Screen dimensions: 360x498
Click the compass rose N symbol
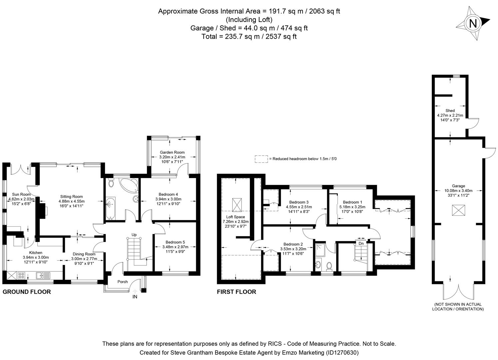473,23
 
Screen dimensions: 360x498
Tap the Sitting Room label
71,196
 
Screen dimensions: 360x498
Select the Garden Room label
172,152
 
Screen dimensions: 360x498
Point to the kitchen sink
43,275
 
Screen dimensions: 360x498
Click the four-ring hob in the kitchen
21,275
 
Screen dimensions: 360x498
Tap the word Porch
123,282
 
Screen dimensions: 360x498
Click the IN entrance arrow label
135,296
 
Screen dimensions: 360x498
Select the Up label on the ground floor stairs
134,235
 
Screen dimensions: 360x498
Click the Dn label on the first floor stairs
361,243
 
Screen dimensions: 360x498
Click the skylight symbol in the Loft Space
237,203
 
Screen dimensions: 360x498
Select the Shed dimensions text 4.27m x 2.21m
450,115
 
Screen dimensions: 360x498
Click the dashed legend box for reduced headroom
261,159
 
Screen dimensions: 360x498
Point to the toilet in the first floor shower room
329,266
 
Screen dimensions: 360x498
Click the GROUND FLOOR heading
27,292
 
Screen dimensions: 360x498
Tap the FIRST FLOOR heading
237,292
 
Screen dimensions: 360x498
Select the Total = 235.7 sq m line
249,37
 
